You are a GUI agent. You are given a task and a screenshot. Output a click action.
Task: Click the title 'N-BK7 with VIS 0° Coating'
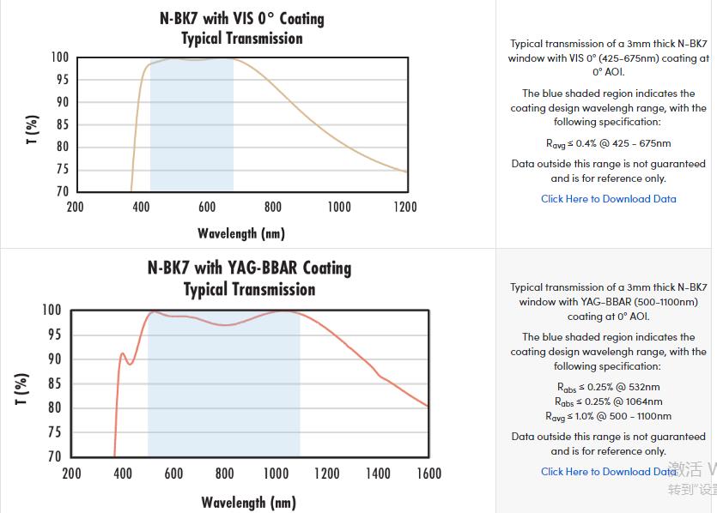tap(241, 18)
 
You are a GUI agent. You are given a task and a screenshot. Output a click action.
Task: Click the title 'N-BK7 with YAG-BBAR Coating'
tap(249, 268)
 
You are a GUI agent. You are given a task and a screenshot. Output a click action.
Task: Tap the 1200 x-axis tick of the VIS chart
tap(405, 207)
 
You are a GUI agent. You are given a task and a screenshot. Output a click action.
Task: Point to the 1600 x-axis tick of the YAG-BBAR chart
tap(428, 474)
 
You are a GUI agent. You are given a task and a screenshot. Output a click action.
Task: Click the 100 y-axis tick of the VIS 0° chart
tap(59, 57)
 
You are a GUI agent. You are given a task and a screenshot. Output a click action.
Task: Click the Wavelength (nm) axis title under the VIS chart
tap(240, 233)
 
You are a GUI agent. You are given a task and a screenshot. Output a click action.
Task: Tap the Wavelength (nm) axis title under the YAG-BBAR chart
tap(249, 502)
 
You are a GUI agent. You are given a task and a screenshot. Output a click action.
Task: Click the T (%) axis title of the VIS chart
tap(32, 130)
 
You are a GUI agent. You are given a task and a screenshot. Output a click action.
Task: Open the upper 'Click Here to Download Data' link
tap(608, 199)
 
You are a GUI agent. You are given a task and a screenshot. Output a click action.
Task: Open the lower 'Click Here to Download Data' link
tap(608, 472)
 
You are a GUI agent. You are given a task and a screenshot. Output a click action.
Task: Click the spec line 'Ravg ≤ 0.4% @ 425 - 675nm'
tap(608, 143)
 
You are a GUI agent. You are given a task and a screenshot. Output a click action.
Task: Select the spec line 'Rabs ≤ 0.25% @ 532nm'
tap(608, 388)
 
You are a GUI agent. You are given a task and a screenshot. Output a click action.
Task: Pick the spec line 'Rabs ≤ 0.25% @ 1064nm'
tap(608, 401)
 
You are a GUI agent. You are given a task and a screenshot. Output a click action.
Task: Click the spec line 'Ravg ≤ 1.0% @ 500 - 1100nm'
tap(608, 416)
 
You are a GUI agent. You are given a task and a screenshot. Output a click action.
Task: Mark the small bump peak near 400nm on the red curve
tap(123, 353)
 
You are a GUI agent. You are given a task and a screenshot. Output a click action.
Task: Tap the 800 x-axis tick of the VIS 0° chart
tap(273, 207)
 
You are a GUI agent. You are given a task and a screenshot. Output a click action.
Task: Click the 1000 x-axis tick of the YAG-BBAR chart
tap(276, 474)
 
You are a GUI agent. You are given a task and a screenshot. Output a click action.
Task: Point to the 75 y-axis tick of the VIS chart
tap(61, 169)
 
